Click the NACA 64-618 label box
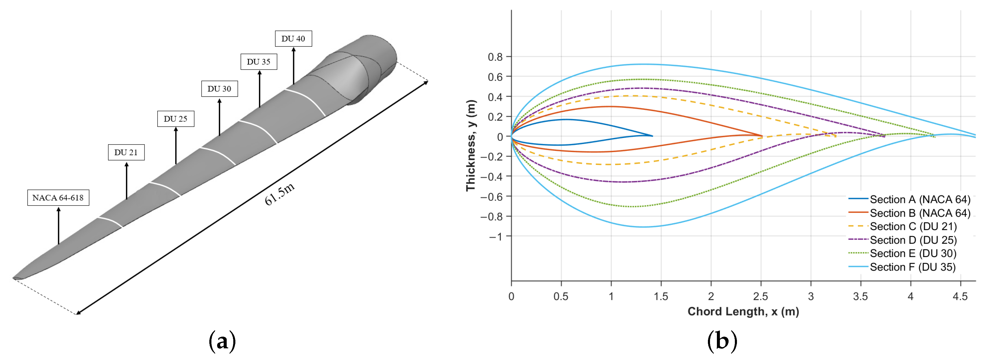coord(58,198)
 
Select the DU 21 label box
coord(126,152)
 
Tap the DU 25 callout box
coord(176,119)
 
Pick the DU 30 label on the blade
coord(220,89)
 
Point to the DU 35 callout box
coord(259,61)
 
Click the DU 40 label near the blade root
coord(293,38)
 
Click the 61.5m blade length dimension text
coord(280,194)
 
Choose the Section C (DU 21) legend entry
coord(902,226)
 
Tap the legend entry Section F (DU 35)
coord(902,267)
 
